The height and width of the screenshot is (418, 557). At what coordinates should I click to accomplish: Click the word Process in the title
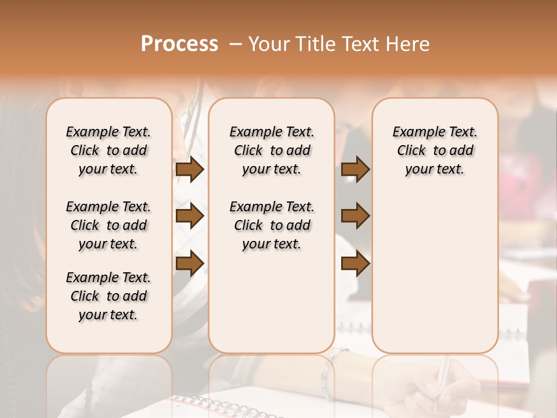click(179, 44)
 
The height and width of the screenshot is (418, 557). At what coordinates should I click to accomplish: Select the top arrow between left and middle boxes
click(190, 169)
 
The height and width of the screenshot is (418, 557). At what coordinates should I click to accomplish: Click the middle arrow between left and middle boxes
click(190, 216)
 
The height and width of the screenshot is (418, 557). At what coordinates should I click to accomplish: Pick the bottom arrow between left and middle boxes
click(190, 264)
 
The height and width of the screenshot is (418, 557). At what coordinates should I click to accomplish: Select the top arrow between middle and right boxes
click(355, 169)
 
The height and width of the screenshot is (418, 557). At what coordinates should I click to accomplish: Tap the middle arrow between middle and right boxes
click(355, 216)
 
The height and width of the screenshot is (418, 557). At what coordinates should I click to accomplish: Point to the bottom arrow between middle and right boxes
click(355, 264)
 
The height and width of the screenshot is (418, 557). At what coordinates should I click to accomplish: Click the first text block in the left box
click(108, 150)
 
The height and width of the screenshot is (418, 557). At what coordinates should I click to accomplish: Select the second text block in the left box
click(108, 225)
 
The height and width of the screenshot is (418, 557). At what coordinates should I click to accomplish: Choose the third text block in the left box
click(108, 296)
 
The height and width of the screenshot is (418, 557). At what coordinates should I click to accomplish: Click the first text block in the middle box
click(272, 150)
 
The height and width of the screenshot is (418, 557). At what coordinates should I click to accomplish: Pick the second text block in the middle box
click(272, 225)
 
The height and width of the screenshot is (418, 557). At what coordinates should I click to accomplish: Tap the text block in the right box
click(435, 150)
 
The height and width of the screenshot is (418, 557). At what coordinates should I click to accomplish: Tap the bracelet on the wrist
click(327, 372)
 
